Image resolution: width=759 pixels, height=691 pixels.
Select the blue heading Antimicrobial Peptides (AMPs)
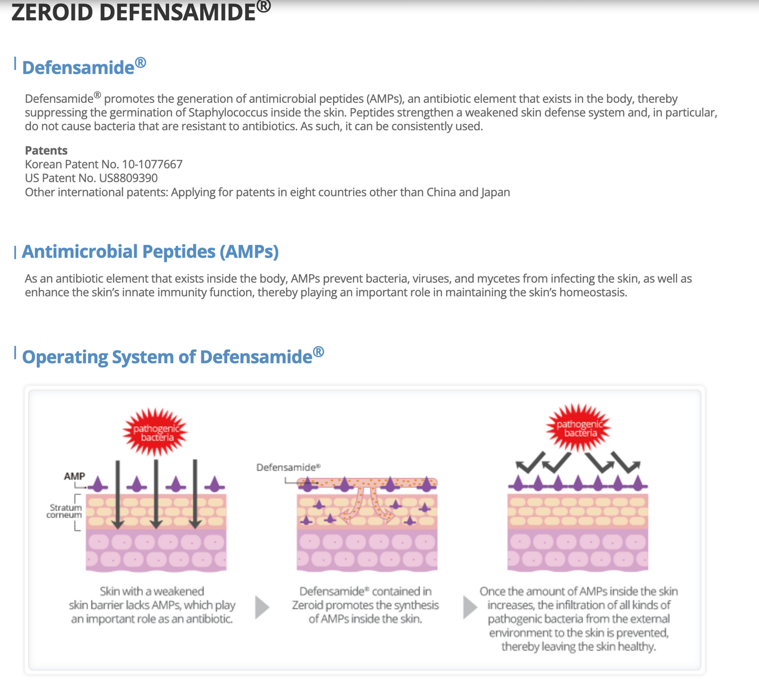point(150,252)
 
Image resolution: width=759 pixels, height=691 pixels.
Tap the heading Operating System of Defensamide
point(172,357)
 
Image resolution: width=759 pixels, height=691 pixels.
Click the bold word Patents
point(46,151)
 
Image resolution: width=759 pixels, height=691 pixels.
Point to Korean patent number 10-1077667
point(152,164)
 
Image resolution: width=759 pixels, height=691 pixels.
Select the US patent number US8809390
point(128,178)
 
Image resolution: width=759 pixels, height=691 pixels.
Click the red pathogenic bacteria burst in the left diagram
point(155,433)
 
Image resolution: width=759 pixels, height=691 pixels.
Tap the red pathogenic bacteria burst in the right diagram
point(579,428)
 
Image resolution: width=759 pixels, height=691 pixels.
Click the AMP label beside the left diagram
point(74,476)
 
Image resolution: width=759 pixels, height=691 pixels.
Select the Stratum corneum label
point(65,511)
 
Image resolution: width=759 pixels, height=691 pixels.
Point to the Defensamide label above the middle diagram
point(288,467)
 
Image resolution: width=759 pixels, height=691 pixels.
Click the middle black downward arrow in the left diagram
point(156,494)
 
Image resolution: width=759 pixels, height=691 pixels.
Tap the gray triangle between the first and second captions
point(262,607)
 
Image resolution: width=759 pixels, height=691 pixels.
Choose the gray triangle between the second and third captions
point(470,607)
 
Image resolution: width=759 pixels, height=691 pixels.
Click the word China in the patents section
point(441,192)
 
